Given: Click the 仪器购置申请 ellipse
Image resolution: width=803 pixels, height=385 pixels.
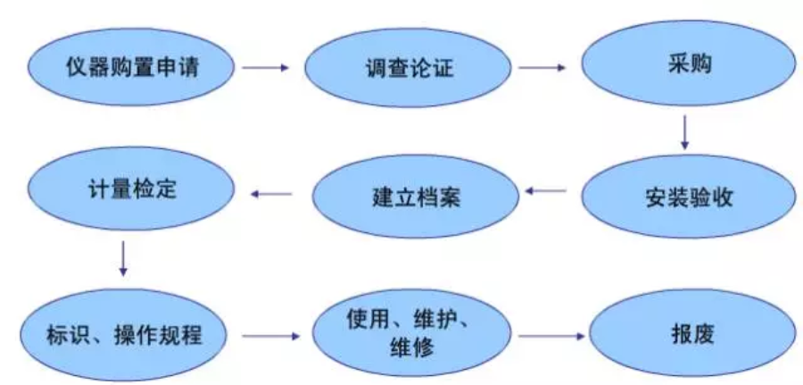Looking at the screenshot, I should click(130, 69).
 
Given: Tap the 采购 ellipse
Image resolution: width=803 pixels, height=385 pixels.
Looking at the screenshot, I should click(688, 67).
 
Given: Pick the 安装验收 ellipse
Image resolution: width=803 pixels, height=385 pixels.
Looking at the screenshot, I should click(688, 197).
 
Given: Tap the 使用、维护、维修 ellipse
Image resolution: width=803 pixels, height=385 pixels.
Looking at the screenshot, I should click(411, 334).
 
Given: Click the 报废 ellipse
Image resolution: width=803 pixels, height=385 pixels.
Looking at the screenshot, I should click(688, 336).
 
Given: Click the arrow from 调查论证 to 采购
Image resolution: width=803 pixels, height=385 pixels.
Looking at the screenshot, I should click(543, 67).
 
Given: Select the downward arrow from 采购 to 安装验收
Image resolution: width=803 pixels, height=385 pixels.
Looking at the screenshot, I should click(684, 134).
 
